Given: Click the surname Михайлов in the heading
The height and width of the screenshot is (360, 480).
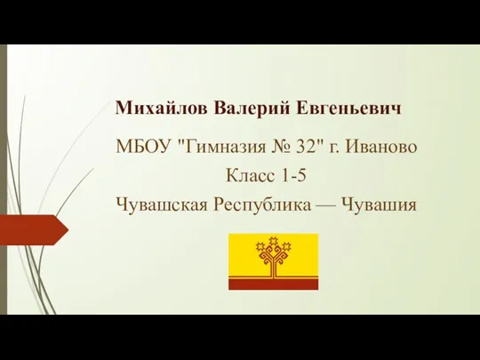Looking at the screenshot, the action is (x=161, y=108).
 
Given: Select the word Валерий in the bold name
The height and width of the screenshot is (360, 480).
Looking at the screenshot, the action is (x=252, y=108).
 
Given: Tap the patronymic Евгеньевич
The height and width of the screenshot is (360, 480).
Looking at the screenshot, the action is (x=348, y=108).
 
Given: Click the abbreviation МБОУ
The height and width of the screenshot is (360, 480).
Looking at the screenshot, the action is (x=142, y=147).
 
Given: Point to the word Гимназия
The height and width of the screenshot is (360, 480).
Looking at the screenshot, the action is (x=226, y=147).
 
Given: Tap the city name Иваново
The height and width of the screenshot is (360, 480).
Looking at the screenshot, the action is (x=381, y=147).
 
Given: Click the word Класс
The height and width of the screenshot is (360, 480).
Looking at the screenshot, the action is (x=250, y=176).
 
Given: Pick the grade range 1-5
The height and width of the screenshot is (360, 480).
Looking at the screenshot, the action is (x=293, y=176).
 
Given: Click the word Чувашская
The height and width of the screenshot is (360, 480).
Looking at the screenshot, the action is (x=162, y=204).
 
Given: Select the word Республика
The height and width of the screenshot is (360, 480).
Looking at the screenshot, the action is (x=262, y=205).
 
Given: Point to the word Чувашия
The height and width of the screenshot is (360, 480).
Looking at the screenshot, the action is (x=380, y=204).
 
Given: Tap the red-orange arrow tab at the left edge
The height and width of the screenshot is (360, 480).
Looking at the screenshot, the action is (x=34, y=230).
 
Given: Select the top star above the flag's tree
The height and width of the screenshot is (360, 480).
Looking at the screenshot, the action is (x=274, y=241).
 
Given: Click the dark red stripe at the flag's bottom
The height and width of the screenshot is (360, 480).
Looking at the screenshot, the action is (x=274, y=284).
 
